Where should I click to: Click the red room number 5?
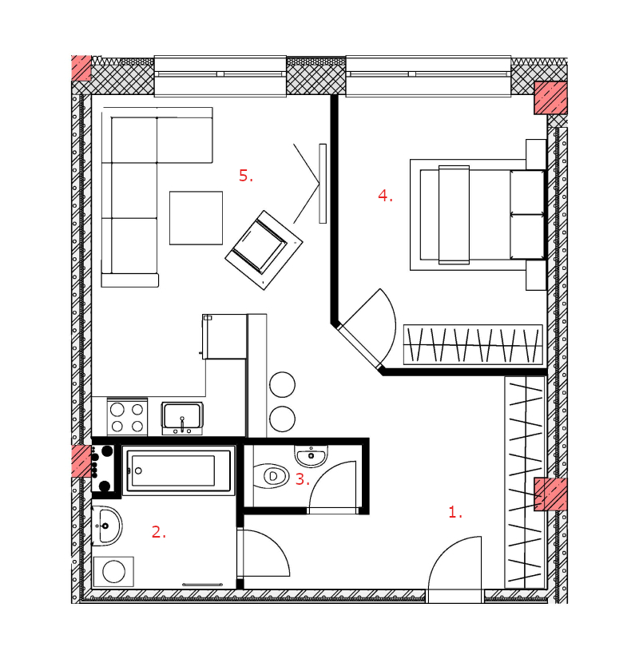coord(246,175)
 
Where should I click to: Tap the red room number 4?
coord(385,196)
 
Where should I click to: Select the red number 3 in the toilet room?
coord(302,479)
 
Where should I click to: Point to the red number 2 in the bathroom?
coord(158,532)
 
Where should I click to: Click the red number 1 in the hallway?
coord(455,512)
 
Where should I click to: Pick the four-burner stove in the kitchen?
coord(127,417)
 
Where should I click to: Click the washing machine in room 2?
coord(113,572)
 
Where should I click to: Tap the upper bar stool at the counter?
coord(283,384)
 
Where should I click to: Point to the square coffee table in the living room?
coord(196,218)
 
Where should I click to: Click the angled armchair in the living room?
coord(264,250)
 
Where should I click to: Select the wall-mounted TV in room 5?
coord(323,184)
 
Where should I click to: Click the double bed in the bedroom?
coord(478,215)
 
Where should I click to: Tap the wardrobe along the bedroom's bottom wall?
coord(473,344)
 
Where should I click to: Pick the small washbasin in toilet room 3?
coord(311,456)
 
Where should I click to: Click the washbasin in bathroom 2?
coord(107,526)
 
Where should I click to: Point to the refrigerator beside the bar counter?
coord(224,336)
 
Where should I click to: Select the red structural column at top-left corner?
coord(81,68)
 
